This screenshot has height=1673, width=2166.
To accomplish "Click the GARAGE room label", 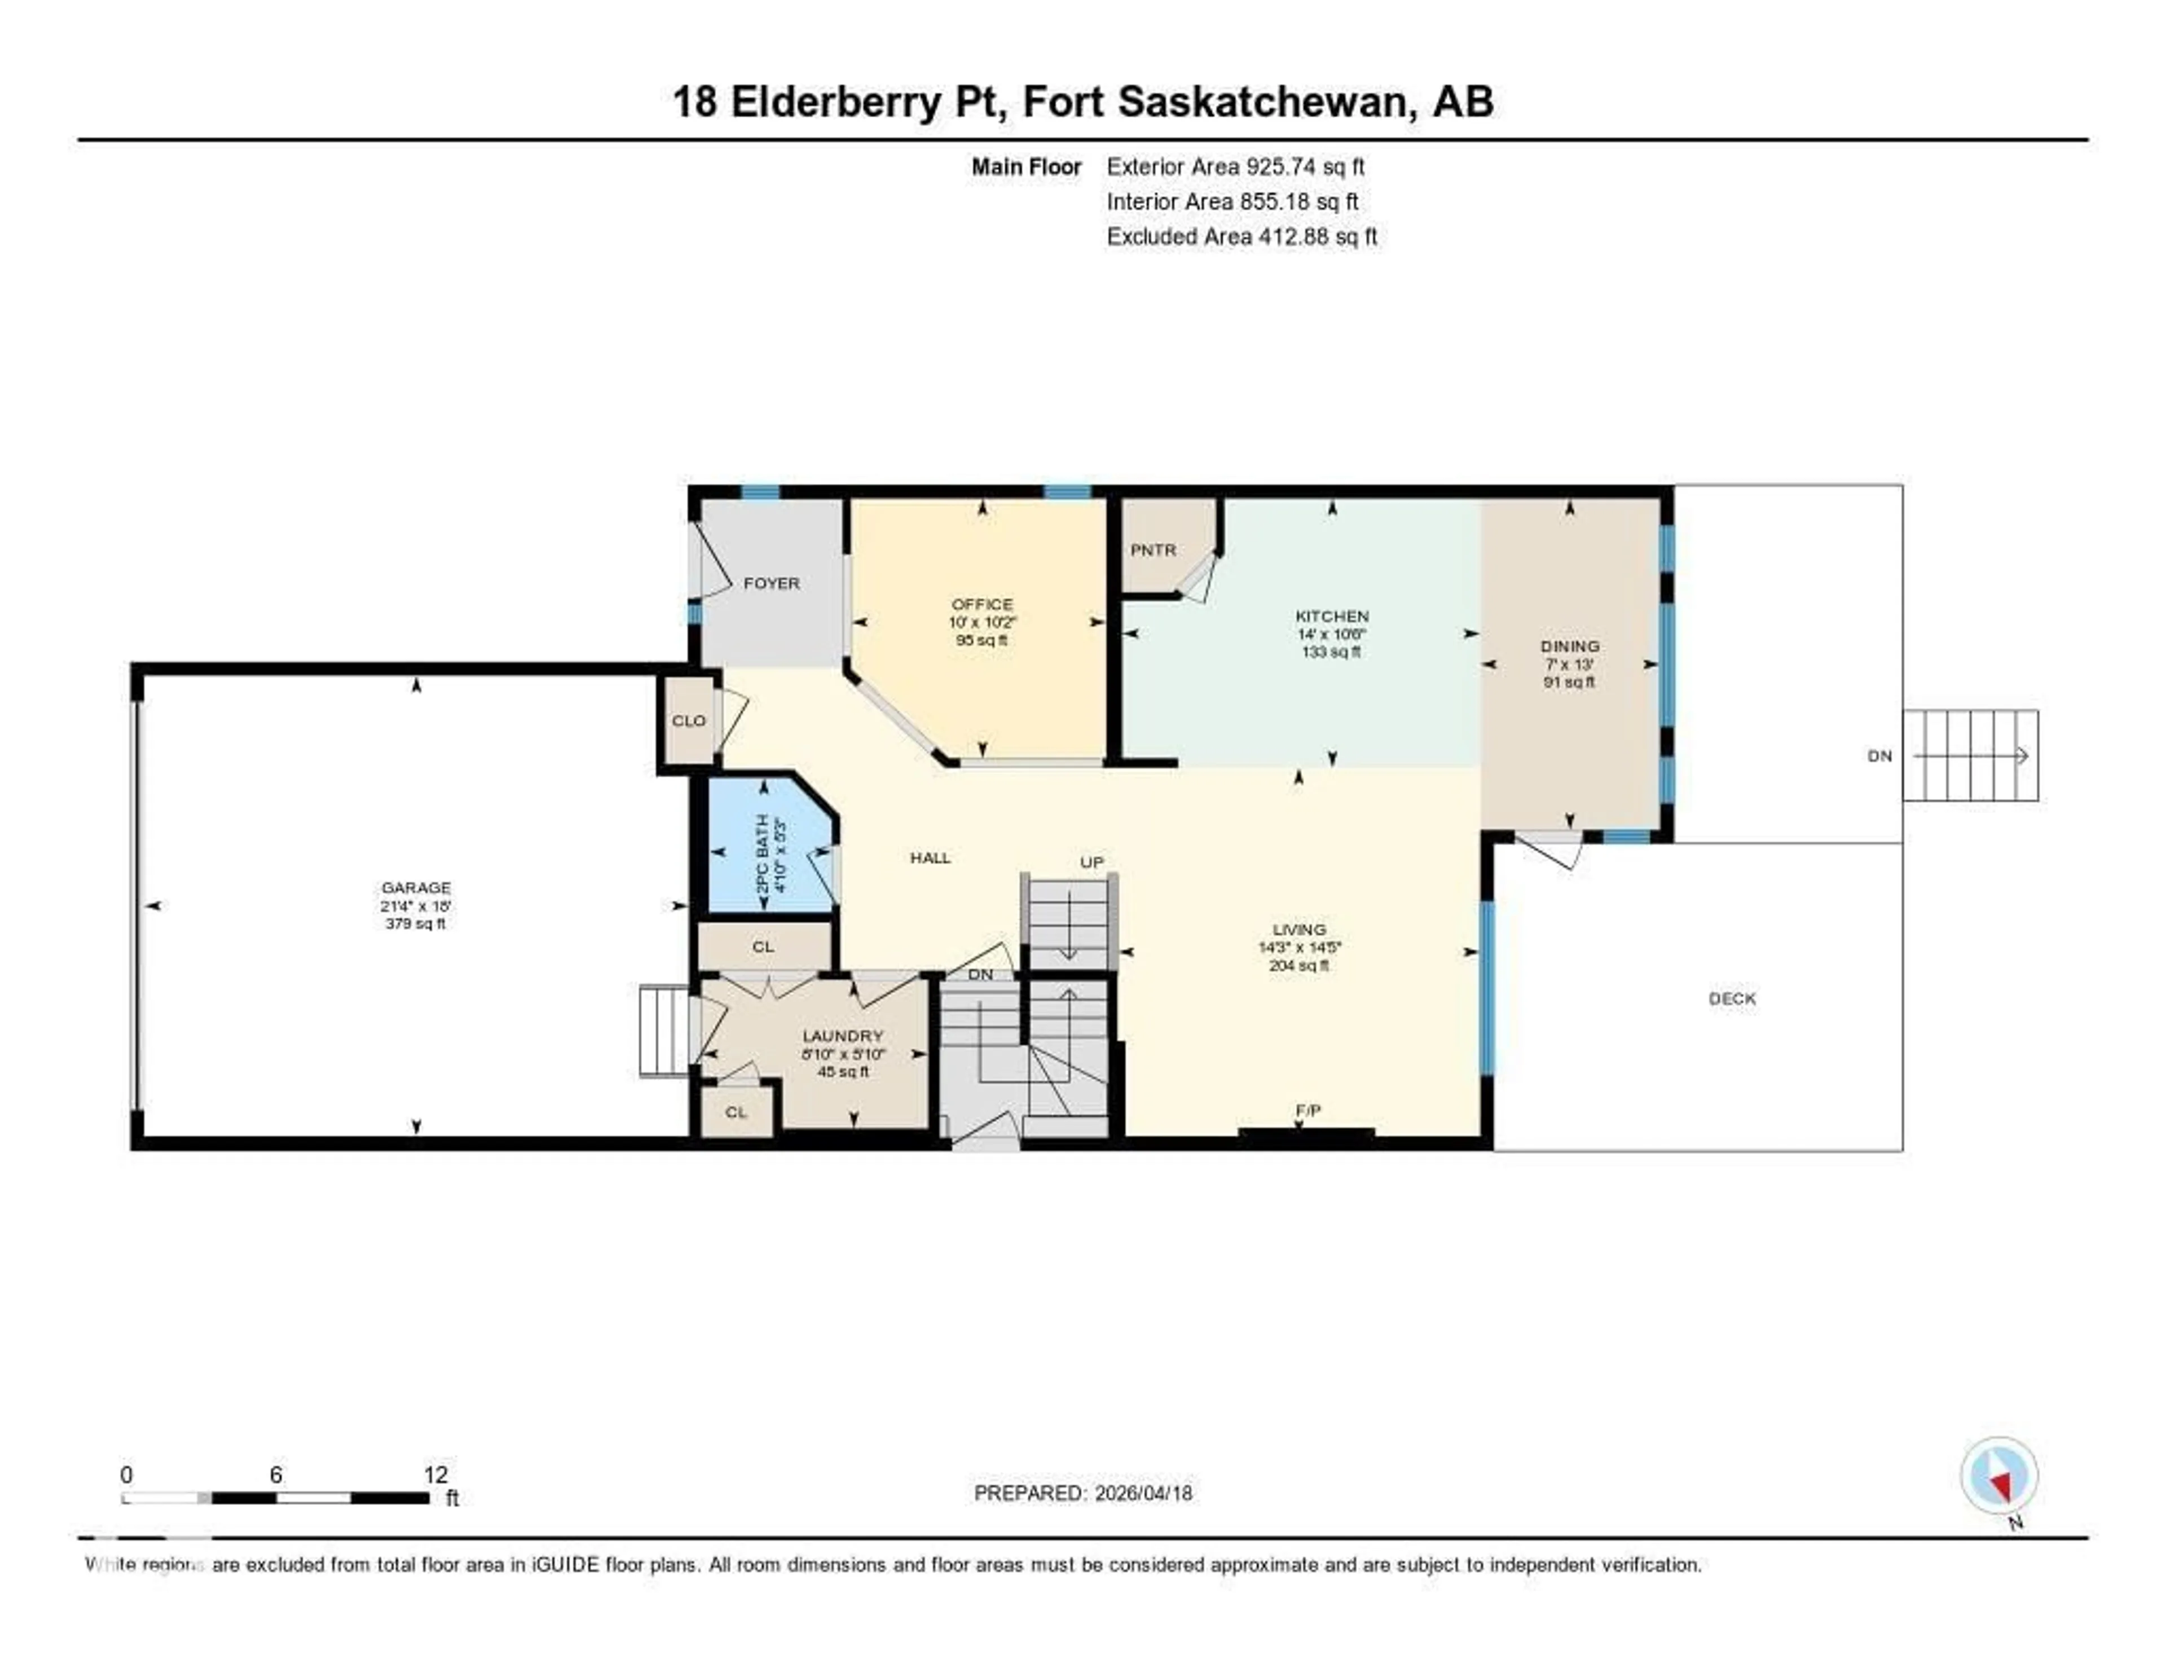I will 416,888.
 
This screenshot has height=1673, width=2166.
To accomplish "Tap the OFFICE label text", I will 982,604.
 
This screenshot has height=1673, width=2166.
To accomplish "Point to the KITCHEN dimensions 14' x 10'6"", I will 1331,633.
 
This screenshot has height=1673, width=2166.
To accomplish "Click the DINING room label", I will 1569,646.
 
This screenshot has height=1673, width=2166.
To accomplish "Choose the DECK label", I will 1732,998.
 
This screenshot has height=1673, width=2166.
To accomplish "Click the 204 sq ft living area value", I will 1298,966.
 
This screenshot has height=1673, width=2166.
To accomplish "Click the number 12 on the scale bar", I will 435,1474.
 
